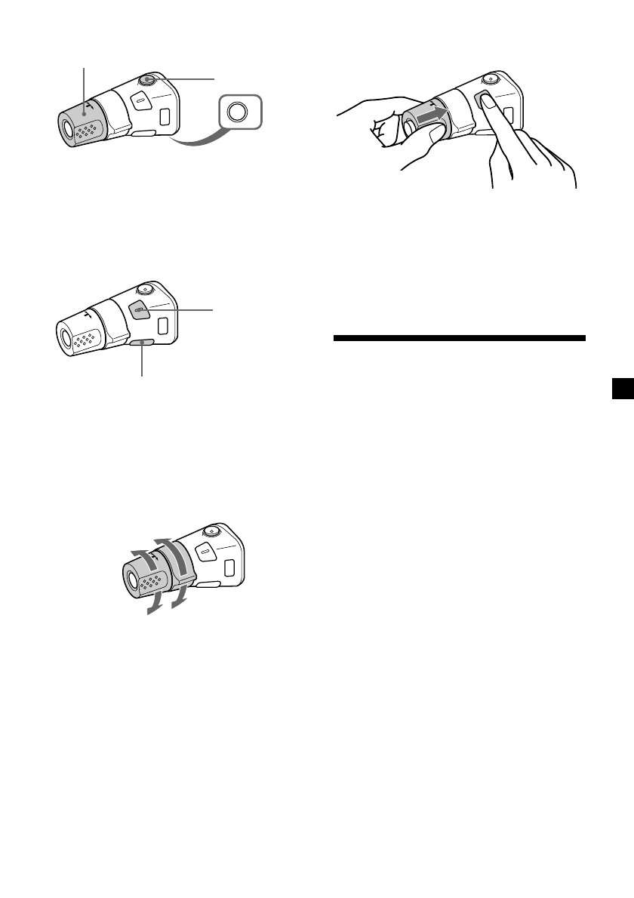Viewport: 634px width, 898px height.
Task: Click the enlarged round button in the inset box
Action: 237,112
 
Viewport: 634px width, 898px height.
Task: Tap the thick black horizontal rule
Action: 459,339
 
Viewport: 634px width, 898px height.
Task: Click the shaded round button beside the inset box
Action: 147,81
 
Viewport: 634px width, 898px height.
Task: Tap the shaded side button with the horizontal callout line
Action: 138,309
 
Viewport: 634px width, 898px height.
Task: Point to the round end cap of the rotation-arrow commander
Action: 131,582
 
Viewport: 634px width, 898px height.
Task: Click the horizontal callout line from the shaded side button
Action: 181,310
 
